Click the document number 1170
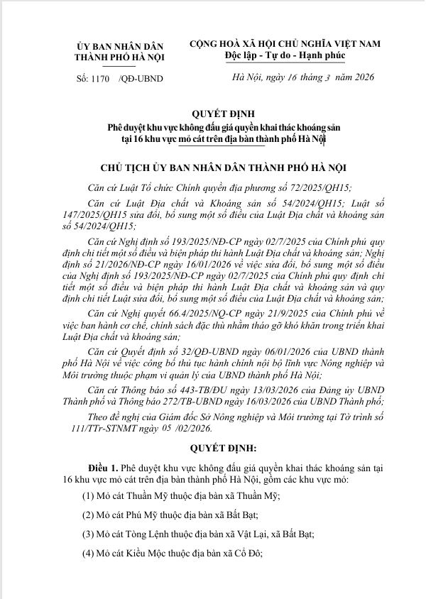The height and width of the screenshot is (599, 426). point(102,79)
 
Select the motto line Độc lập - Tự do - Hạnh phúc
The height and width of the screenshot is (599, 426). point(291,55)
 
